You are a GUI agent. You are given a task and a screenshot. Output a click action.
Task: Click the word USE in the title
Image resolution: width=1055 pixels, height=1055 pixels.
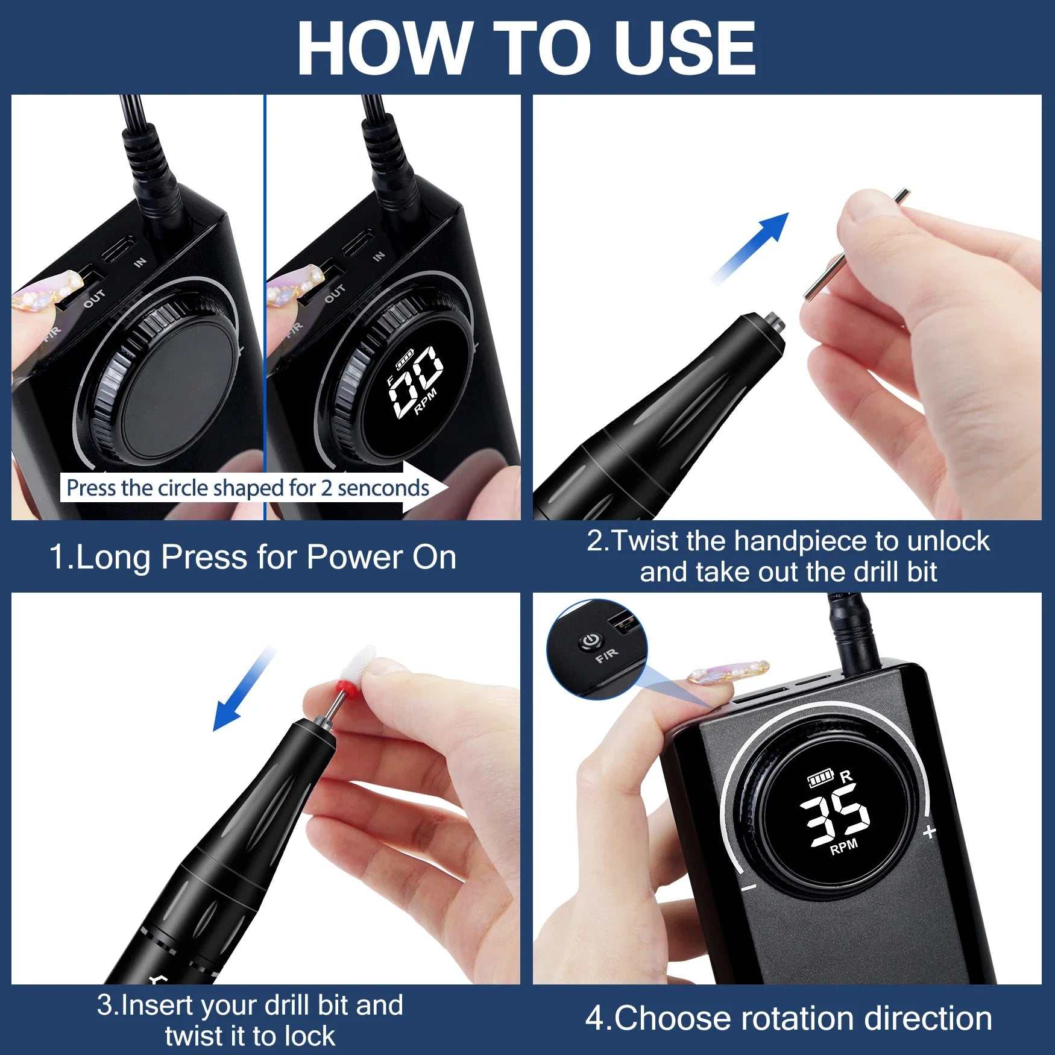684,48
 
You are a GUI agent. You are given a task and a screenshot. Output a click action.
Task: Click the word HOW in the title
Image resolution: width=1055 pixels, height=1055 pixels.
383,48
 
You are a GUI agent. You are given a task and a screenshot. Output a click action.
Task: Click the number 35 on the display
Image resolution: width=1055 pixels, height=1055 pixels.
835,814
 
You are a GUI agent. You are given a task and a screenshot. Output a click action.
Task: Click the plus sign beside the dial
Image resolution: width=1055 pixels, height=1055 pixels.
929,832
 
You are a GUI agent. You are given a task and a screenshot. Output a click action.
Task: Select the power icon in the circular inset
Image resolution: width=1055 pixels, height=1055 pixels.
590,640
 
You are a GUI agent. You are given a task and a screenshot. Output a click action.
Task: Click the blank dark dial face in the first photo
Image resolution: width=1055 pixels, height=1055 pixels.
178,392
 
